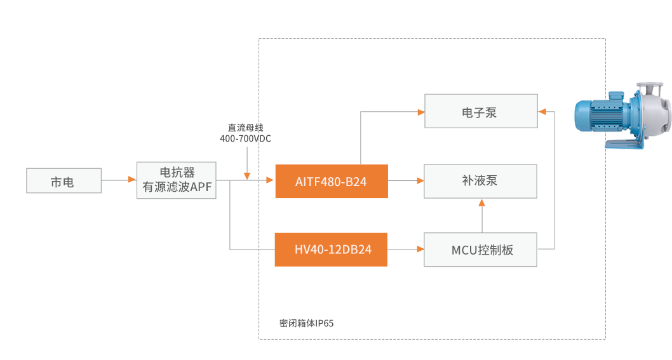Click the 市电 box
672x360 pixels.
pyautogui.click(x=64, y=181)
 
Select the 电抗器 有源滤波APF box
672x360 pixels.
pyautogui.click(x=177, y=180)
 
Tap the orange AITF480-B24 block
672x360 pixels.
pyautogui.click(x=331, y=181)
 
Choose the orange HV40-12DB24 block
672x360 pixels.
pyautogui.click(x=331, y=250)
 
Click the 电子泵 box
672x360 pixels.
pyautogui.click(x=481, y=112)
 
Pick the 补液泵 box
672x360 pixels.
pyautogui.click(x=481, y=181)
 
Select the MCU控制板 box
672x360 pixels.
pyautogui.click(x=481, y=250)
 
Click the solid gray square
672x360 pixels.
pyautogui.click(x=408, y=144)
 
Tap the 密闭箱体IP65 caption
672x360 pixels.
pyautogui.click(x=306, y=323)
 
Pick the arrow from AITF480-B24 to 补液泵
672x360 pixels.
pyautogui.click(x=406, y=181)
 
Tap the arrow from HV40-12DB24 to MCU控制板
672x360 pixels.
pyautogui.click(x=406, y=250)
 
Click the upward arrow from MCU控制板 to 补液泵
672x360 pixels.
pyautogui.click(x=481, y=216)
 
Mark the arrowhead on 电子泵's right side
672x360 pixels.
pyautogui.click(x=542, y=112)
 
